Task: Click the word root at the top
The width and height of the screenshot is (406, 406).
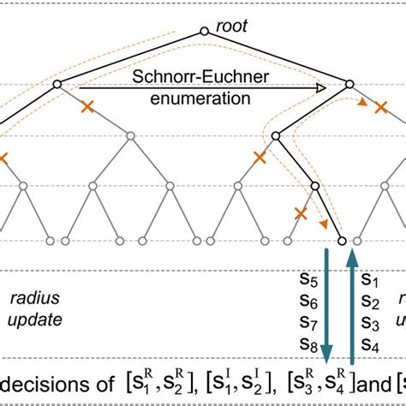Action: point(231,26)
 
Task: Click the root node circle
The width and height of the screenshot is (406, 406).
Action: point(204,32)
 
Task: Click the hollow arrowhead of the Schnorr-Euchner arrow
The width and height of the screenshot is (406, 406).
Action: point(321,87)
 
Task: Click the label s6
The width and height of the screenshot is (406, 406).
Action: point(307,302)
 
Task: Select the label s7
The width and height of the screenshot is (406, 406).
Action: point(307,324)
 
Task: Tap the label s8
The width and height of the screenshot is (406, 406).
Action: point(307,345)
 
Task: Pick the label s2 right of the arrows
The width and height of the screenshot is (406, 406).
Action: point(370,302)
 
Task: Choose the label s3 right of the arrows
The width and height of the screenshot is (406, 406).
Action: point(370,324)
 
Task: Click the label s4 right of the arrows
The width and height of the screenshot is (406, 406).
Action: point(370,345)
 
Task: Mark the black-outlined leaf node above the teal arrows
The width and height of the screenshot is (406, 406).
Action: point(341,242)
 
